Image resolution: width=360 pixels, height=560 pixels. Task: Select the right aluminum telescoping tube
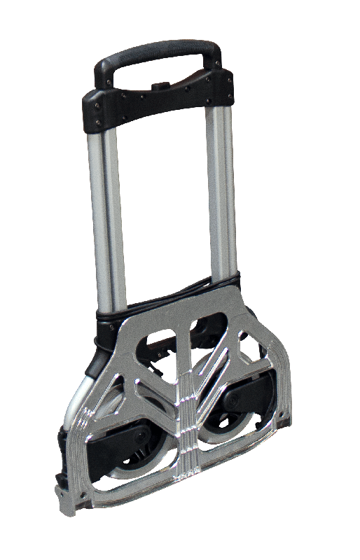click(222, 189)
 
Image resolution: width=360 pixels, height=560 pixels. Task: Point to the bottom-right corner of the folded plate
click(284, 420)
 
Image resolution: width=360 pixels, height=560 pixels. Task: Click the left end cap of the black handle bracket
click(95, 112)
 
